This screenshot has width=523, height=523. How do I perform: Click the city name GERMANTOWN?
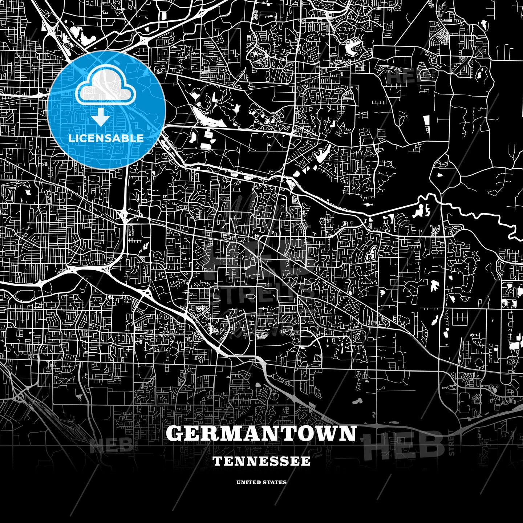(261, 433)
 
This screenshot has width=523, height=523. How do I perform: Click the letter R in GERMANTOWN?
(212, 433)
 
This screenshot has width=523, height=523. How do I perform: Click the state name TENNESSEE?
(261, 461)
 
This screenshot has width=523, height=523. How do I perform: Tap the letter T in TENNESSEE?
(217, 461)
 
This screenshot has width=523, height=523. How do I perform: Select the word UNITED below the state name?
(248, 482)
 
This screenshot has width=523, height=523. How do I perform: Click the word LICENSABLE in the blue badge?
(106, 138)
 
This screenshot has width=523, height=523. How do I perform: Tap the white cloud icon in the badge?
(105, 86)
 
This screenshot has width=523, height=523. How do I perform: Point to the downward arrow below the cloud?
(101, 118)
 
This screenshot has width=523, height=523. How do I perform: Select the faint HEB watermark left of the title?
(111, 445)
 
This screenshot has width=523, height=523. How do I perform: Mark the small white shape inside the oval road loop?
(441, 175)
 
